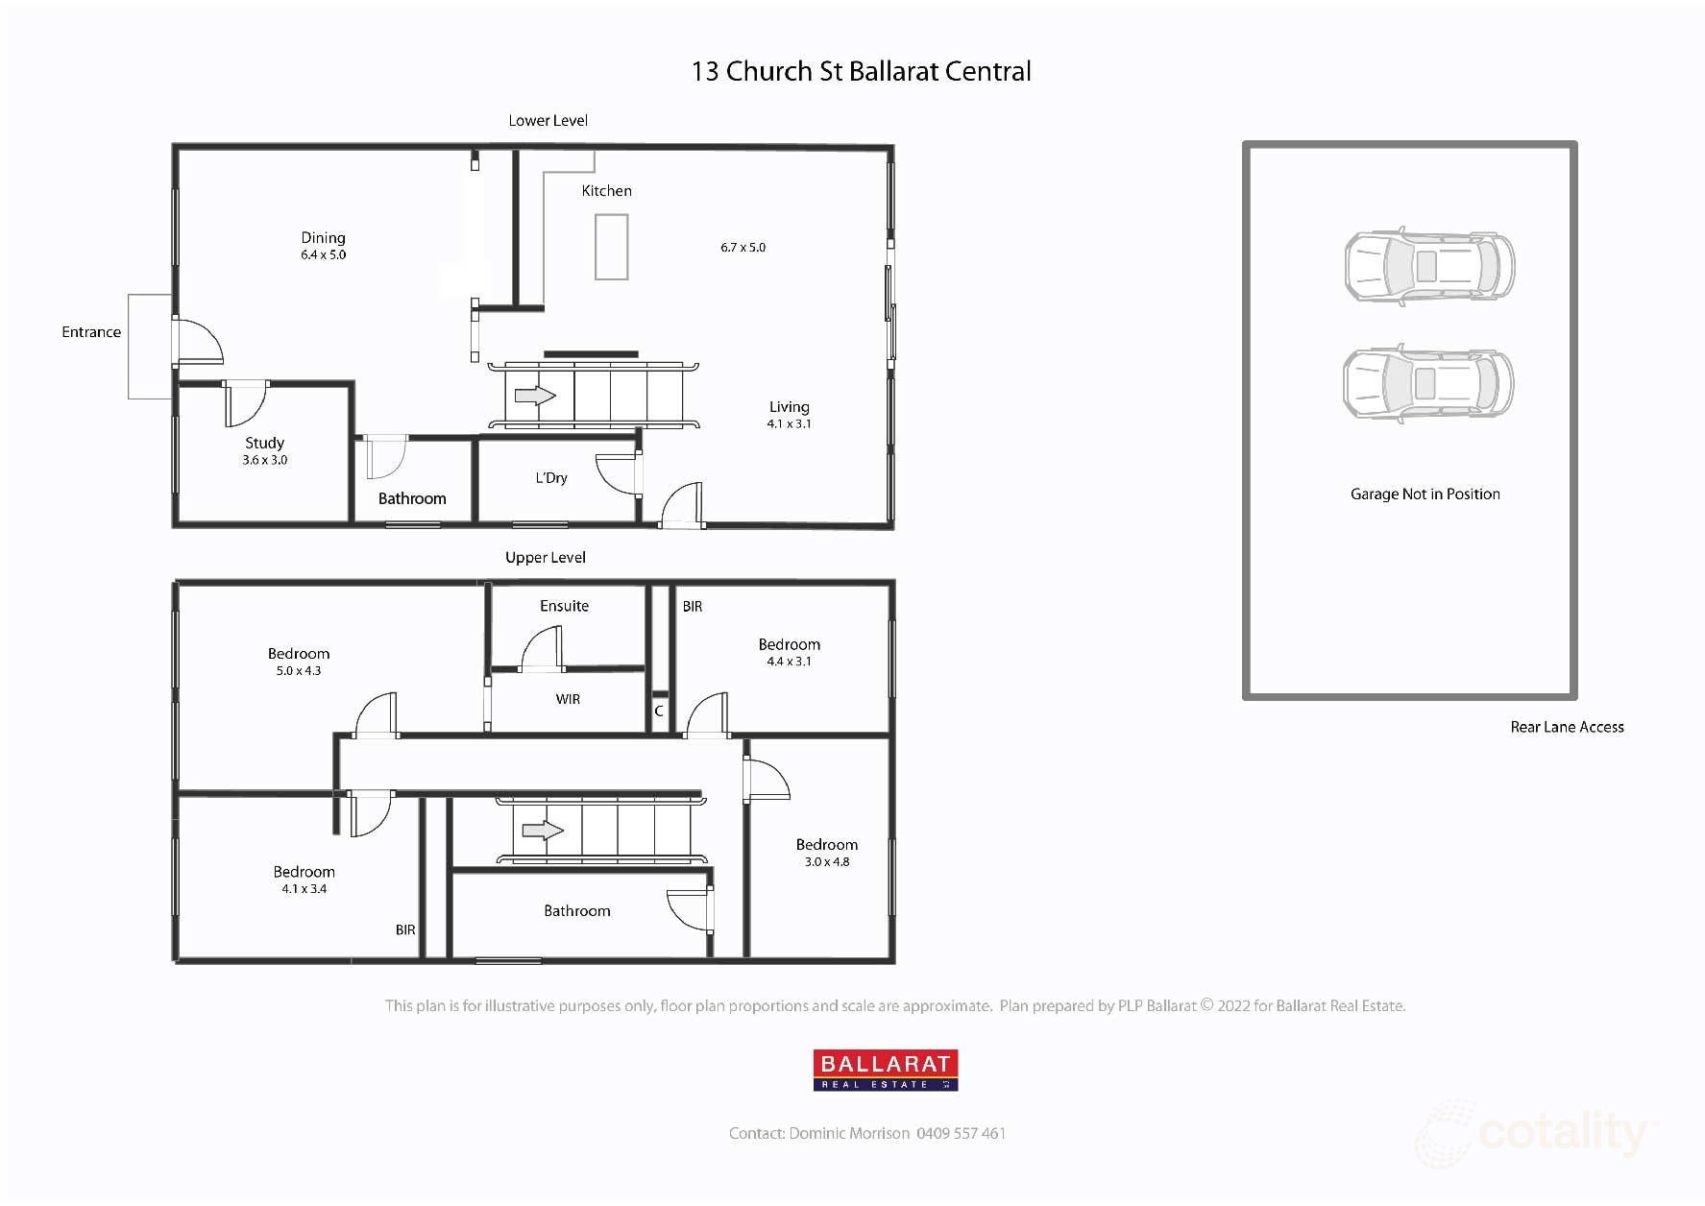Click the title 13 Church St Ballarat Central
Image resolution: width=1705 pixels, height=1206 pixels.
(x=861, y=72)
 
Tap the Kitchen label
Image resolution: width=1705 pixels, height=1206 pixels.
(x=606, y=191)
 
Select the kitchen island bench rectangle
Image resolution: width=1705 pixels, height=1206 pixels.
(x=611, y=247)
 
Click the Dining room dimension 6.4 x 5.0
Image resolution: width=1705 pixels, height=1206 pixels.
(x=323, y=255)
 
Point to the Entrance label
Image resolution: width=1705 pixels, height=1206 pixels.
(x=91, y=332)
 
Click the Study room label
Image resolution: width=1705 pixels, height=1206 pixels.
(x=264, y=443)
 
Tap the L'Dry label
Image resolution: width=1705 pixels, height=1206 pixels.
(x=551, y=478)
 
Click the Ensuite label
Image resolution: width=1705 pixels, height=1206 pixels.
(x=564, y=606)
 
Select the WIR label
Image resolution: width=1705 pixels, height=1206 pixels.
(x=568, y=699)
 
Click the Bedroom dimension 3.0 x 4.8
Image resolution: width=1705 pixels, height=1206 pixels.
(x=827, y=862)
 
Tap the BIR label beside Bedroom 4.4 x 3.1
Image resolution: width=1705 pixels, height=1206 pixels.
(x=693, y=607)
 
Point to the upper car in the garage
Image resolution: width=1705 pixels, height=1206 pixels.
(x=1428, y=266)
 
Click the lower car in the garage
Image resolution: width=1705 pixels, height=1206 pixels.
(x=1427, y=383)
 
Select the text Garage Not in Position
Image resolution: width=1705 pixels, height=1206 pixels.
(x=1425, y=494)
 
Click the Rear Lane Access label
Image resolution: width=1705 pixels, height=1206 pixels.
(x=1567, y=728)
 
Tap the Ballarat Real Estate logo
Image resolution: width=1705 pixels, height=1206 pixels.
(x=886, y=1070)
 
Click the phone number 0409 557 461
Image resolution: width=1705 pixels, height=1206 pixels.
(x=961, y=1134)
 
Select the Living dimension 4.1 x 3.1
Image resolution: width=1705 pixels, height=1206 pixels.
(x=789, y=424)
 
